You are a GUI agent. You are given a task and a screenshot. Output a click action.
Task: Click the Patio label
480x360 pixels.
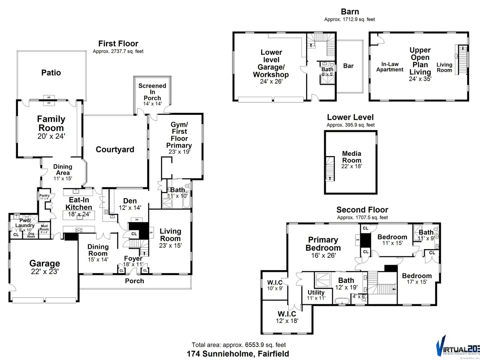coord(51,73)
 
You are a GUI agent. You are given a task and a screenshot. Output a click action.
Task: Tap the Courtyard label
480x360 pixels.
coord(115,150)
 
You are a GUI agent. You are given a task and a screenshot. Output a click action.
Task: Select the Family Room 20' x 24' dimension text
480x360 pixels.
coord(51,136)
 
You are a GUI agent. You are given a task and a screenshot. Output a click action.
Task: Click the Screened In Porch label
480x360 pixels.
coord(152,91)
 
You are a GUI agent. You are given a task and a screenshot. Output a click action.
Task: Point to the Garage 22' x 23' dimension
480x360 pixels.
coord(45,271)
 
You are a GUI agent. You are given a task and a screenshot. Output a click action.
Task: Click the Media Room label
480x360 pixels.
coord(352,157)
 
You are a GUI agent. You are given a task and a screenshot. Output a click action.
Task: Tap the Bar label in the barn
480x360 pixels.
coord(348,66)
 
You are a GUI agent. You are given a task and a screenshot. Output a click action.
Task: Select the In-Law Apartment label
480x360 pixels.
coord(390,67)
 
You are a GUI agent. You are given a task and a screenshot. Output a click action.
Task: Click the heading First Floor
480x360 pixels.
coord(118,43)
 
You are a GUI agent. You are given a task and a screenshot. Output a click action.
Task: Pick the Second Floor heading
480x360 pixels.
coord(362,210)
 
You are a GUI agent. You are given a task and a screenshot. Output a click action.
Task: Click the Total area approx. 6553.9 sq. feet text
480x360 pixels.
coord(238,345)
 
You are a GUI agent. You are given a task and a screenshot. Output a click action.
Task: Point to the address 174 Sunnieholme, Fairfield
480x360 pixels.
coord(238,354)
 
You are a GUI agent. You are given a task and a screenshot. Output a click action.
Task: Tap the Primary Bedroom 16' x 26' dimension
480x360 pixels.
coord(323,255)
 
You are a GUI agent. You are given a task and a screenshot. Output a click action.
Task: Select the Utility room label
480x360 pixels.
coord(316,292)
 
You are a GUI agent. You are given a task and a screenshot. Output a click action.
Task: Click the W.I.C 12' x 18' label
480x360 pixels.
coord(287,321)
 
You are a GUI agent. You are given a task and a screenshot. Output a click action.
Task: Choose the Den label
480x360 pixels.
coord(130,201)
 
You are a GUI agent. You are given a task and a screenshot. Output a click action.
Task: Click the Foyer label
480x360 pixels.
coord(133,259)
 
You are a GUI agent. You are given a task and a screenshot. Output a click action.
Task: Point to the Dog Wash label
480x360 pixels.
coord(31,235)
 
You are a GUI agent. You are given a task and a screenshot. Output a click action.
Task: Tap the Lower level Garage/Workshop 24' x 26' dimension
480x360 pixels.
coord(271,81)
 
